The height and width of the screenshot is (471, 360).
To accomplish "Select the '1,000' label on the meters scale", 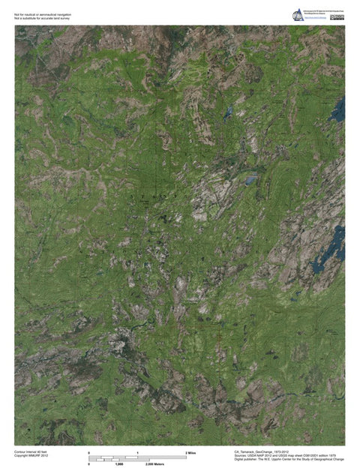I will [x=118, y=465].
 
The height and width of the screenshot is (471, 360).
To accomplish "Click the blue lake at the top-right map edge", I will [x=339, y=111].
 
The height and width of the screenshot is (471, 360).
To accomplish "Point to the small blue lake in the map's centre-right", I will [x=250, y=181].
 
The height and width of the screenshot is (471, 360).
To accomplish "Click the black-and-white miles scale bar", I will [x=137, y=457].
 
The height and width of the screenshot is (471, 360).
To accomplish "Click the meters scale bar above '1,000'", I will [x=118, y=460].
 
